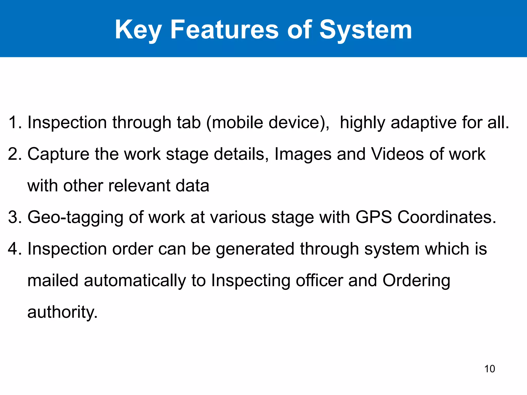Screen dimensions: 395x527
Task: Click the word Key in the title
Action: pos(138,30)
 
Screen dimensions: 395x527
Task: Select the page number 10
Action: pos(489,369)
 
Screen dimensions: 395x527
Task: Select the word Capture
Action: pos(58,154)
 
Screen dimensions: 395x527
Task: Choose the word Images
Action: pos(303,154)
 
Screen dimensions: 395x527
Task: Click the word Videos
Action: pos(397,154)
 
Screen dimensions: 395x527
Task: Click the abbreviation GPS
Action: pos(374,217)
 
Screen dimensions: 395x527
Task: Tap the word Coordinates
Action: pos(446,217)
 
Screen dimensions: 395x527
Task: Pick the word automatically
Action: pos(135,281)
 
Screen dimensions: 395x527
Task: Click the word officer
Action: pos(319,280)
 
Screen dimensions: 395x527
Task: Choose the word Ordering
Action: pos(416,281)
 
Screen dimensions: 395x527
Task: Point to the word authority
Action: pos(62,312)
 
